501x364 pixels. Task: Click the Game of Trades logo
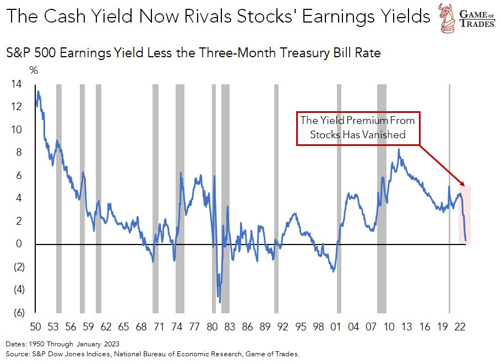465,18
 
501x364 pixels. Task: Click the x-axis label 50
36,327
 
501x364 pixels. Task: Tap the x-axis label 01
335,327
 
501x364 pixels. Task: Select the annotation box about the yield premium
357,127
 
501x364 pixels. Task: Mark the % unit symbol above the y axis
33,70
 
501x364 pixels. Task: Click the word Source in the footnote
17,353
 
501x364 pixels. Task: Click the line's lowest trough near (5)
220,302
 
